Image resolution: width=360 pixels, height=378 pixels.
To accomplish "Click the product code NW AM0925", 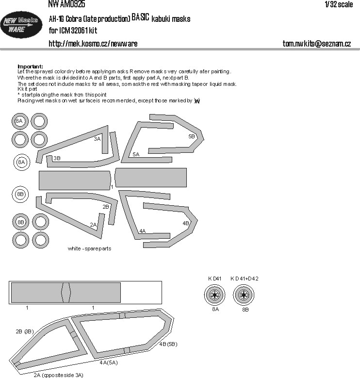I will pyautogui.click(x=66, y=4).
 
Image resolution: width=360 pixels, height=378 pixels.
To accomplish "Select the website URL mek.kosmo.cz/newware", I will pyautogui.click(x=93, y=44).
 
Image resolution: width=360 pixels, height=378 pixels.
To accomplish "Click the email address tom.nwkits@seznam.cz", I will pyautogui.click(x=316, y=44).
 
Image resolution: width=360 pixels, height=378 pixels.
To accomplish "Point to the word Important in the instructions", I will pyautogui.click(x=30, y=66).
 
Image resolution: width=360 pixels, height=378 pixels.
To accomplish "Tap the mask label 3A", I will pyautogui.click(x=97, y=139).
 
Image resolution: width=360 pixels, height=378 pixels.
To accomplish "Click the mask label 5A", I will pyautogui.click(x=136, y=154).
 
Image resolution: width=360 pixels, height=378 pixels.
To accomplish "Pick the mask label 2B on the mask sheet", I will pyautogui.click(x=106, y=207).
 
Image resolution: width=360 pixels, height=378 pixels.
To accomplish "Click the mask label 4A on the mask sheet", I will pyautogui.click(x=142, y=231).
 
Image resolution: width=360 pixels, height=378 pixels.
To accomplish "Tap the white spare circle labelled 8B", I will pyautogui.click(x=20, y=194).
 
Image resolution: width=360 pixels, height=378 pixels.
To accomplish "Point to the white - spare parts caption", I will pyautogui.click(x=90, y=248).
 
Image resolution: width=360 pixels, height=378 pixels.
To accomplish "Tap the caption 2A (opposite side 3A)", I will pyautogui.click(x=58, y=375).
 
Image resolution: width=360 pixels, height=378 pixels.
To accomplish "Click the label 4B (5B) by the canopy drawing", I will pyautogui.click(x=168, y=344).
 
